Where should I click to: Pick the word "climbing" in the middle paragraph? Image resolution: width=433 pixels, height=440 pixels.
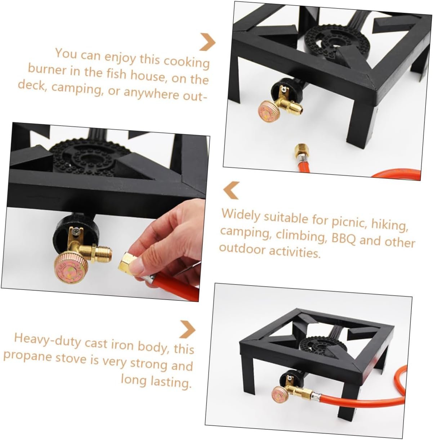click(x=300, y=236)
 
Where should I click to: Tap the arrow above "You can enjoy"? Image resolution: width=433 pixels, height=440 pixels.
click(x=207, y=42)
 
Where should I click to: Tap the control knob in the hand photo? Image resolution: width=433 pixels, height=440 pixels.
click(x=71, y=269)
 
